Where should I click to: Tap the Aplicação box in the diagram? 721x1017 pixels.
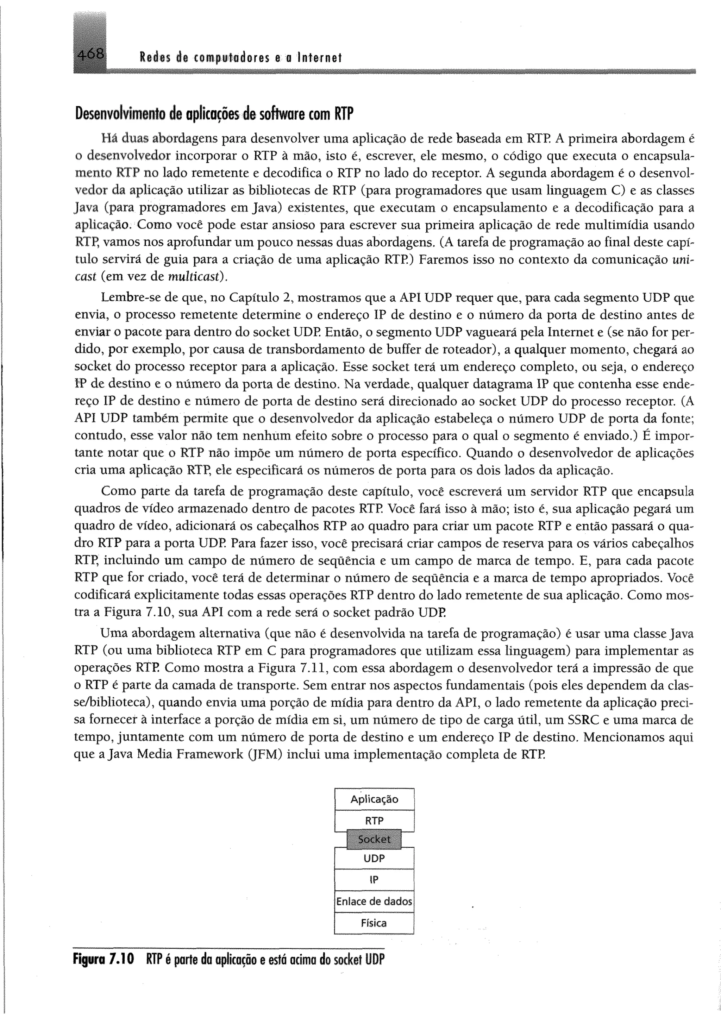pos(374,799)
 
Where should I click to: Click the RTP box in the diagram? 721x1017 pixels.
pos(374,821)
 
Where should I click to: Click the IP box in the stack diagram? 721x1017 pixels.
pos(374,880)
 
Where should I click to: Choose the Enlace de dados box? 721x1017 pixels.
pos(374,902)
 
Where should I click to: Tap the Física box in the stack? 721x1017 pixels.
pos(374,923)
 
